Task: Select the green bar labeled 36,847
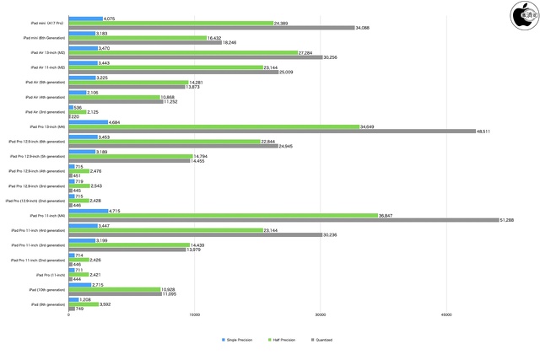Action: coord(223,215)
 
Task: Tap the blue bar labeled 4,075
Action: coord(85,18)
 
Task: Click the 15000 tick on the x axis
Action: coord(194,316)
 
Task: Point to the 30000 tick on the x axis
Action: coord(321,316)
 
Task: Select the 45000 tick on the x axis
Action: coord(446,316)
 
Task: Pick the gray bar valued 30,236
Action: coord(195,235)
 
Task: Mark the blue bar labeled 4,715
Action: coord(88,210)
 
